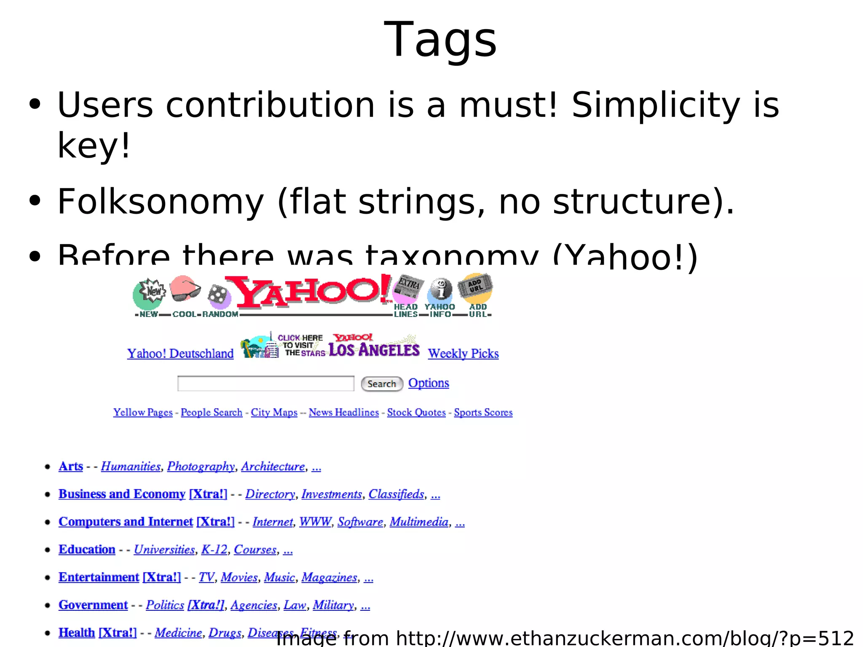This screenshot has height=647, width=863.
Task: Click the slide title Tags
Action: [440, 40]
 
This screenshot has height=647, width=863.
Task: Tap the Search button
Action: [382, 384]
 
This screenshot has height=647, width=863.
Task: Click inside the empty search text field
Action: [265, 384]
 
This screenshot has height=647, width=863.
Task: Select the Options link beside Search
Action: [429, 383]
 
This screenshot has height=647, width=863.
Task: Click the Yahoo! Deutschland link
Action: [180, 353]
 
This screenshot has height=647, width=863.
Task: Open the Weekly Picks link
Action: [463, 353]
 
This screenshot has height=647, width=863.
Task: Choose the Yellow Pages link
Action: [143, 412]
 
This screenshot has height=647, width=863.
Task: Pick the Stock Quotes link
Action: [416, 412]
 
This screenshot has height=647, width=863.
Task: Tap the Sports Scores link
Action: [483, 412]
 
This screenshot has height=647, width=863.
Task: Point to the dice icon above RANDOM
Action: [219, 295]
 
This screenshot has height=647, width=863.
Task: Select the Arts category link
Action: [71, 466]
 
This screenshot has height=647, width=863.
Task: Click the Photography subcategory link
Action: [201, 466]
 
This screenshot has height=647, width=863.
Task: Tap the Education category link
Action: [87, 549]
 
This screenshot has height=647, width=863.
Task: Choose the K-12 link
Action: [214, 549]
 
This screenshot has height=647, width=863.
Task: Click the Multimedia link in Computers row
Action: [419, 522]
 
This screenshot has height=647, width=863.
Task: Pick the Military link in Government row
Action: [333, 605]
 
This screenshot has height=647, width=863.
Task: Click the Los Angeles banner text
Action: [374, 350]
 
